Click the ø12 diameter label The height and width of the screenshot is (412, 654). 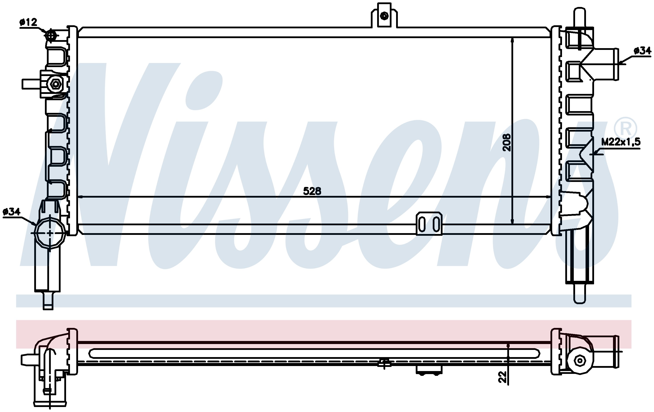point(28,22)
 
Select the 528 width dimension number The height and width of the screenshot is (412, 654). point(312,191)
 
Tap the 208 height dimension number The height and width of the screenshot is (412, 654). point(507,142)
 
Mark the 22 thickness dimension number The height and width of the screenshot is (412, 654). point(503,377)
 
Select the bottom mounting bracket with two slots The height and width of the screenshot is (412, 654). point(429,224)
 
